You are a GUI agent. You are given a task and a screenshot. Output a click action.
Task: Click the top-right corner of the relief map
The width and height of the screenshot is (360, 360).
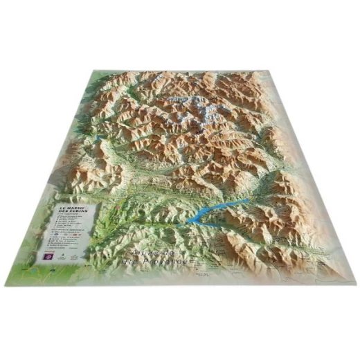[x=274, y=70]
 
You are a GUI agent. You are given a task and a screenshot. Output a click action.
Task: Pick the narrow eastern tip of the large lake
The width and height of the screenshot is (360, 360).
[x=247, y=201]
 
